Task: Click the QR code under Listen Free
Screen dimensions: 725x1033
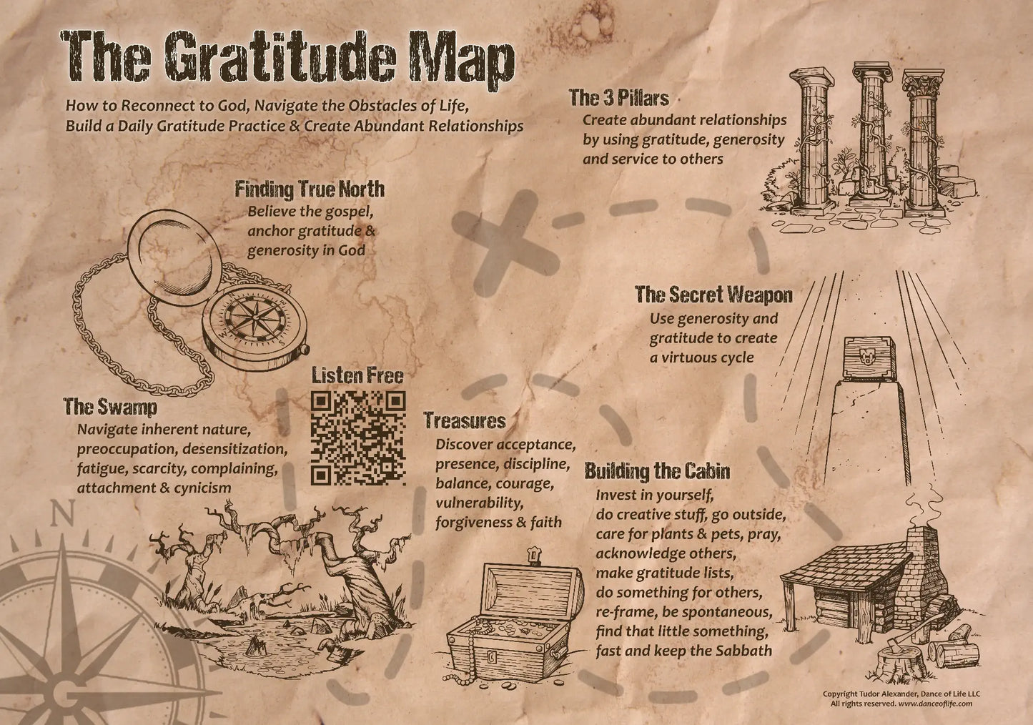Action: point(358,438)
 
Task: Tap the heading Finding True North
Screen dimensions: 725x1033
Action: point(310,189)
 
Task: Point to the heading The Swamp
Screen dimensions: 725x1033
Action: point(109,407)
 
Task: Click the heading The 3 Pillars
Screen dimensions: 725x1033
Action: point(618,98)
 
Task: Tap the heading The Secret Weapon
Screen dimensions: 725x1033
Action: point(713,295)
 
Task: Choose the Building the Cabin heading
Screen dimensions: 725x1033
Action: point(657,471)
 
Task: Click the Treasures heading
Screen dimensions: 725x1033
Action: point(464,420)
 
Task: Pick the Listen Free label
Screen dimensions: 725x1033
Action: point(357,376)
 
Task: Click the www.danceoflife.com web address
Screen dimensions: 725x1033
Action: point(935,704)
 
